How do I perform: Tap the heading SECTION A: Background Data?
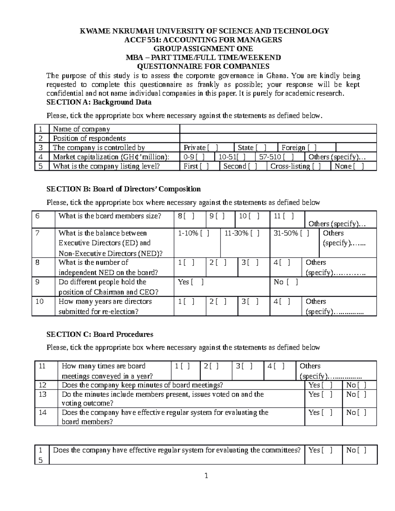[x=99, y=102]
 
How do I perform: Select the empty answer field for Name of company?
[x=278, y=129]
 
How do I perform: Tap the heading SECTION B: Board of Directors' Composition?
[x=123, y=189]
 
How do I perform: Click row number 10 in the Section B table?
[x=39, y=301]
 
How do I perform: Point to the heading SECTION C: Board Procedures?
[x=100, y=334]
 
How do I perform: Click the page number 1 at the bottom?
[x=206, y=475]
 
